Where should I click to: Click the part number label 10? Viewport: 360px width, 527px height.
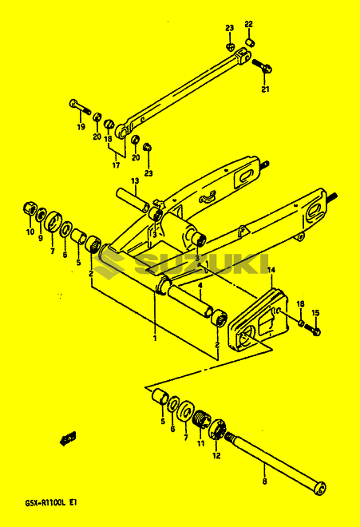click(30, 232)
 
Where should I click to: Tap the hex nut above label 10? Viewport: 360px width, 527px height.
click(30, 209)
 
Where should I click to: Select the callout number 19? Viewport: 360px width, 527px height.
click(81, 127)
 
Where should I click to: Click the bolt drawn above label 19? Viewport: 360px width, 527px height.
click(81, 106)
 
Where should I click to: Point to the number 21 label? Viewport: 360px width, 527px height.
click(266, 89)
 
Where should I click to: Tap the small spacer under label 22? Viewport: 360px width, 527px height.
click(249, 42)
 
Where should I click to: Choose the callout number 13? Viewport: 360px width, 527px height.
click(135, 181)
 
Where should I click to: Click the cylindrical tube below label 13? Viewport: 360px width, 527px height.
click(133, 200)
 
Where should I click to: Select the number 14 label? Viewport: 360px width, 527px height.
click(271, 270)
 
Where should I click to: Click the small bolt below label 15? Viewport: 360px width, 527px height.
click(313, 329)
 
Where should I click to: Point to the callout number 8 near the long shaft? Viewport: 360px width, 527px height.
click(265, 481)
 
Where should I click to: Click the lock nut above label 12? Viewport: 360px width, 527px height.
click(218, 429)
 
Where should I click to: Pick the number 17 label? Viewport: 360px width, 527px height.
click(116, 165)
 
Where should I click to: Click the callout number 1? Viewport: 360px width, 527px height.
click(155, 338)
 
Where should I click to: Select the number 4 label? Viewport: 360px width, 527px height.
click(200, 286)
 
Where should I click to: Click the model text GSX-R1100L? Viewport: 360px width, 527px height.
click(45, 503)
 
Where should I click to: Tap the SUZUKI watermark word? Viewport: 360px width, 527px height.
click(202, 264)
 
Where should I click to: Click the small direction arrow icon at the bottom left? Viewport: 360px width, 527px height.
click(68, 438)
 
